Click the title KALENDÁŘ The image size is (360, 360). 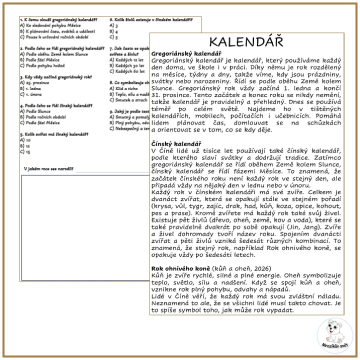point(245,41)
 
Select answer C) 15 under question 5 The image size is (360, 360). point(25,151)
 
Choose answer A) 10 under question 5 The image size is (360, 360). point(25,140)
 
